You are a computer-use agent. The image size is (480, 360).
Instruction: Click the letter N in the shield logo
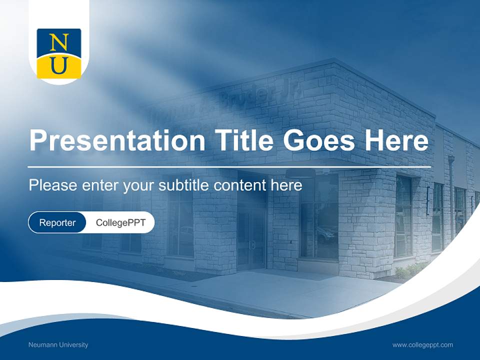(x=58, y=42)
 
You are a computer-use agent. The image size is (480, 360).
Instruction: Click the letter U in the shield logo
(x=58, y=66)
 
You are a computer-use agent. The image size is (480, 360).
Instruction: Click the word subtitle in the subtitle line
(x=183, y=185)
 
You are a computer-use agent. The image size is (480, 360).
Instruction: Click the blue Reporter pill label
(x=57, y=222)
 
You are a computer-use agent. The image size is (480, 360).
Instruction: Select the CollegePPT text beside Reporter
(x=120, y=222)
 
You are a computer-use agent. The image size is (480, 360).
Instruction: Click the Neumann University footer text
(x=58, y=345)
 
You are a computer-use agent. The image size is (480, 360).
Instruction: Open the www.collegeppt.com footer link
(x=422, y=345)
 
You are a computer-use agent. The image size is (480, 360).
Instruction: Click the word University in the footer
(x=73, y=345)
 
